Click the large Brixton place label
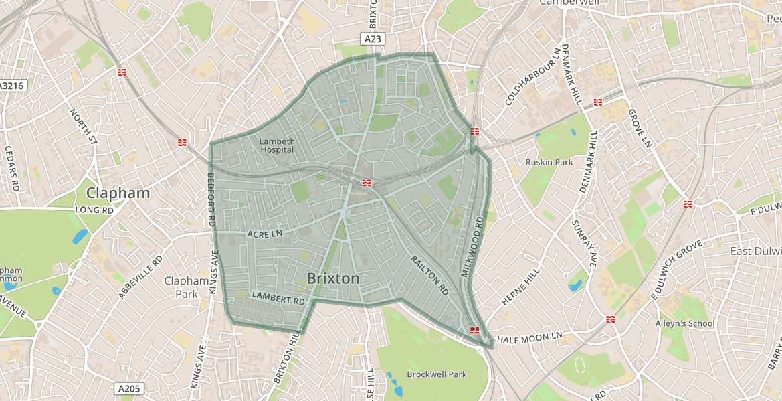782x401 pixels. (332, 278)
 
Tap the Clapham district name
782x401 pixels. (118, 193)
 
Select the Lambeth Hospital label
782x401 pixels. (277, 145)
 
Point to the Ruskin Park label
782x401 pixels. (549, 162)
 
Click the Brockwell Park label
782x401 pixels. (436, 374)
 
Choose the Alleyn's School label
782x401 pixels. (685, 323)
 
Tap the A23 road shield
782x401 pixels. (375, 39)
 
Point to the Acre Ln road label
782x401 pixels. (265, 234)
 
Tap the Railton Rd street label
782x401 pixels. (429, 275)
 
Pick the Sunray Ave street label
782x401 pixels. (583, 244)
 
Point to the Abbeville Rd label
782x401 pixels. (140, 276)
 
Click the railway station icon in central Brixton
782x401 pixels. (367, 183)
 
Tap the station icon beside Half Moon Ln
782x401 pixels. (475, 330)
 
